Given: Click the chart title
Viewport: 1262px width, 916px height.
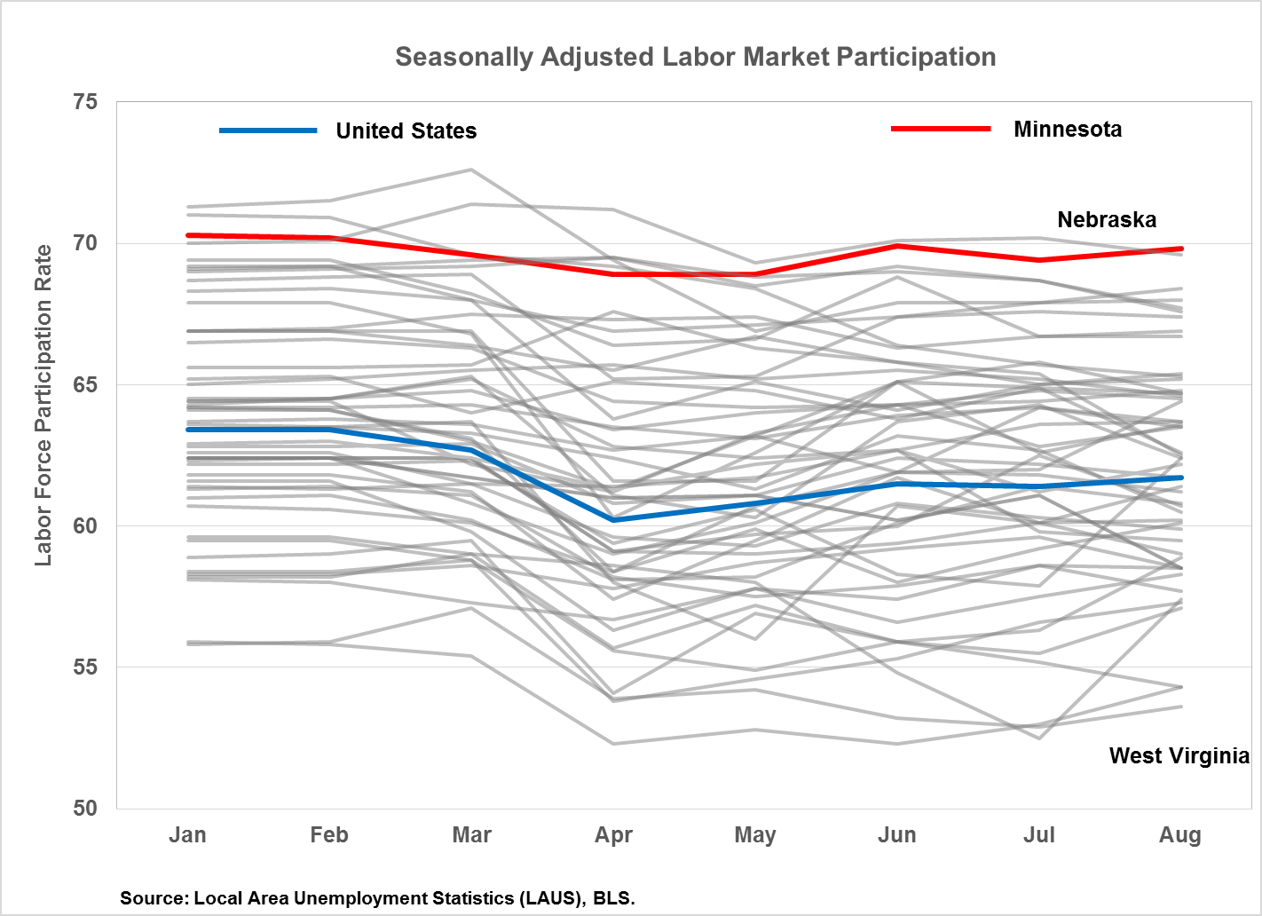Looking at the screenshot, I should click(695, 57).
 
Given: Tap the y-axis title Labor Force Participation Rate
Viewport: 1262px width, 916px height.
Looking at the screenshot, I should click(43, 406).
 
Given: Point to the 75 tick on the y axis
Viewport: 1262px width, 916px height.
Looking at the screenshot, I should click(85, 102).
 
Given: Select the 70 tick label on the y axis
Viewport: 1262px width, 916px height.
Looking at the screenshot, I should click(85, 243).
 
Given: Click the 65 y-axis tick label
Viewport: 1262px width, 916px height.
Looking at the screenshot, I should click(85, 384).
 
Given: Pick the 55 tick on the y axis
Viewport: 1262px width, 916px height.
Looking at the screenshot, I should click(85, 667).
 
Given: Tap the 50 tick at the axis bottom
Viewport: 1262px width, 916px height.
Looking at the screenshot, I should click(85, 808).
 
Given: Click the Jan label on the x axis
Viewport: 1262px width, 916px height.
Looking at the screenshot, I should click(187, 835).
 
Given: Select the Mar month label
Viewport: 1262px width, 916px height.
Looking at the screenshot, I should click(471, 835).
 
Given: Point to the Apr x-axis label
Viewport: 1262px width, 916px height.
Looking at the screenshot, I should click(613, 835).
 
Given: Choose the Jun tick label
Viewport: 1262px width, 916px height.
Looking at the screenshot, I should click(896, 835).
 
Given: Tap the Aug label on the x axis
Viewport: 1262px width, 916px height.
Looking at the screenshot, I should click(1180, 835).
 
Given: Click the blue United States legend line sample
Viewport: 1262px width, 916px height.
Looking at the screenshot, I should click(268, 130).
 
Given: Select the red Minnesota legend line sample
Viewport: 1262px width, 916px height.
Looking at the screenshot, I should click(941, 129).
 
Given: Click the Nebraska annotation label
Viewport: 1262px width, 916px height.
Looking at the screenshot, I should click(1107, 220).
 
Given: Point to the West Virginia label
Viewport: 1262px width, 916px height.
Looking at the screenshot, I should click(1179, 756).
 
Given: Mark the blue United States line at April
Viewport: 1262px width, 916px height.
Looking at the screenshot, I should click(613, 519).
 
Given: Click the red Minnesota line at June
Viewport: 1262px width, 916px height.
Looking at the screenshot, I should click(896, 246).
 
